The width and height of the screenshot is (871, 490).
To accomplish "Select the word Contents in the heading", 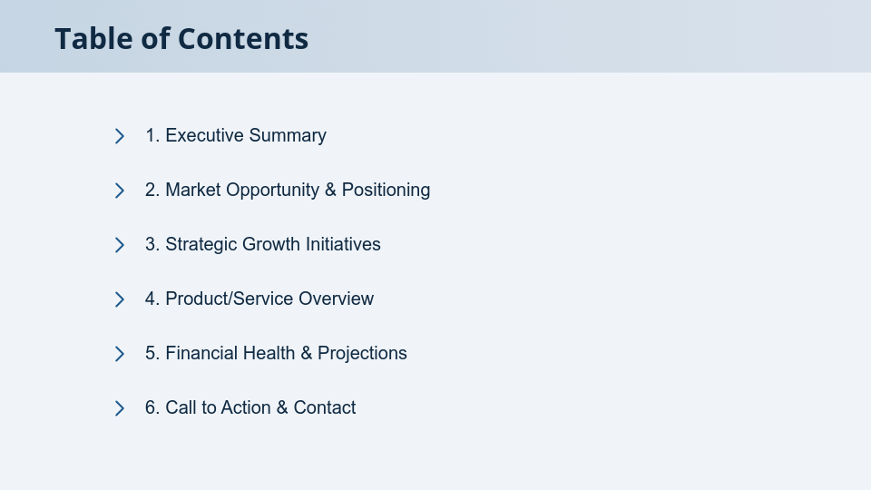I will click(242, 39).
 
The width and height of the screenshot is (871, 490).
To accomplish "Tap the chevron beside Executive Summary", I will click(119, 136).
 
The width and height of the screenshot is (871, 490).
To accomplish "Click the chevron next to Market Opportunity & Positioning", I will click(119, 191).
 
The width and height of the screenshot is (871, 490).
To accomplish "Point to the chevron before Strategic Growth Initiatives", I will click(119, 245).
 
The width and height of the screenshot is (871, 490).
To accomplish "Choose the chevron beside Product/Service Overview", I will click(119, 299).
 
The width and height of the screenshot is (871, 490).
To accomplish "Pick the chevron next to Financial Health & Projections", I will click(119, 354).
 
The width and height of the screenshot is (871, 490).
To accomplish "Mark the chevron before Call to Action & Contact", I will click(119, 408).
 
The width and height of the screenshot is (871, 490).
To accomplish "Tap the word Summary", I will click(288, 135).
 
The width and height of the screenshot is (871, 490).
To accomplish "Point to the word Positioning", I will click(386, 190).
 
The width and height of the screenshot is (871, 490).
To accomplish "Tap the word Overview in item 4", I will click(336, 299).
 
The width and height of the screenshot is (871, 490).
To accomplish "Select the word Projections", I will click(362, 353).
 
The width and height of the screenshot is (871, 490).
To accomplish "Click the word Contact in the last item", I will click(324, 407).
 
